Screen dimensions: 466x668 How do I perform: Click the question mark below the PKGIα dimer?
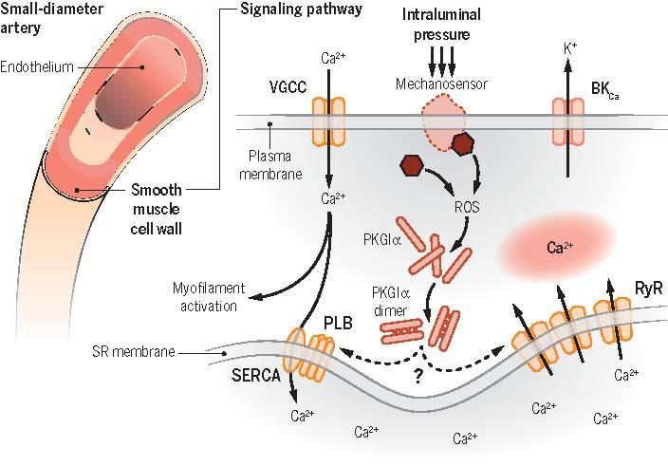(x=417, y=375)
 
